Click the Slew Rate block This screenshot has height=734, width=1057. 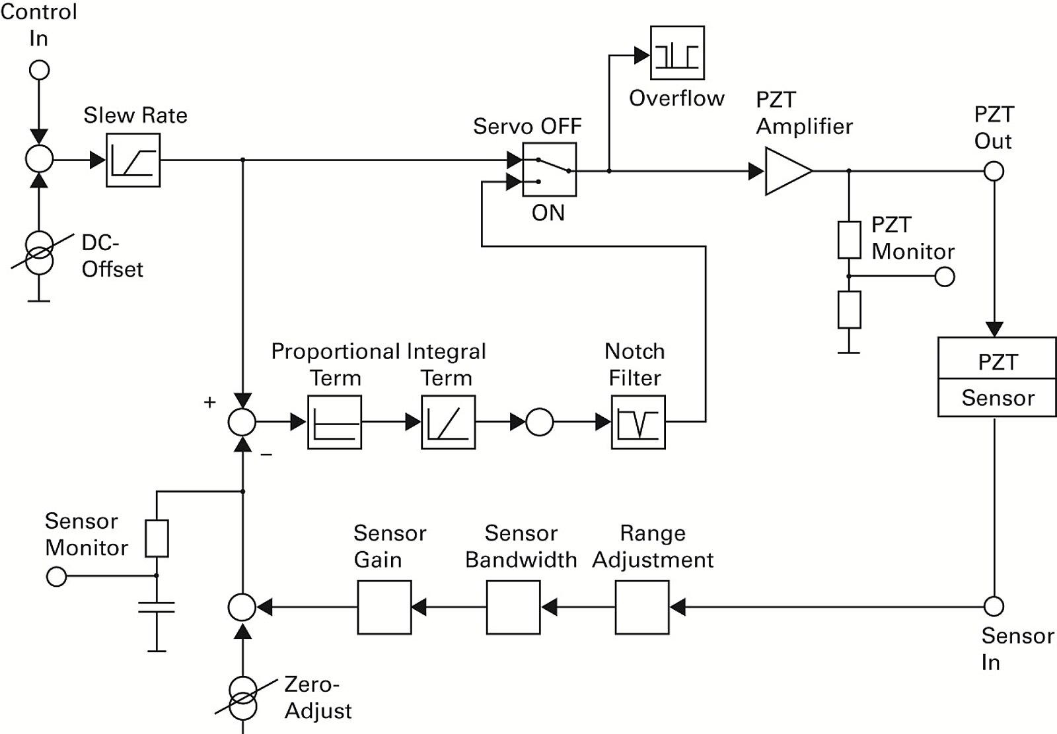[133, 160]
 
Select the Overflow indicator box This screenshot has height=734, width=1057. [677, 53]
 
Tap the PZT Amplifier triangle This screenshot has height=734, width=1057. [786, 172]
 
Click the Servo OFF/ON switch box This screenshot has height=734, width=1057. [549, 170]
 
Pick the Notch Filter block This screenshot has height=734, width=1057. [638, 422]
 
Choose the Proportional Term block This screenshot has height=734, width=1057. [334, 422]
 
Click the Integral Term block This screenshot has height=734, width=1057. [448, 422]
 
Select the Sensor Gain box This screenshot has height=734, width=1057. [384, 607]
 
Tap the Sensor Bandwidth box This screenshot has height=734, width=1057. [513, 607]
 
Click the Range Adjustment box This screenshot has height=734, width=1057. [642, 607]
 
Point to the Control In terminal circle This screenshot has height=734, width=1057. [40, 69]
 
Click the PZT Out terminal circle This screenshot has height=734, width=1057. [994, 172]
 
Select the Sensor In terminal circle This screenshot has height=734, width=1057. [994, 606]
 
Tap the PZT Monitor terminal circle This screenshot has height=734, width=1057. [945, 277]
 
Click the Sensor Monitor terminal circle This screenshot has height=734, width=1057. [57, 577]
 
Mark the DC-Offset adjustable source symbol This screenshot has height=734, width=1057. [40, 253]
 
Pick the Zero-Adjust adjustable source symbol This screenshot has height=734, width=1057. [243, 698]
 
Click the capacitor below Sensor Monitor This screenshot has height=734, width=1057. [157, 607]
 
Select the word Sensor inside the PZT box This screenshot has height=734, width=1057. [998, 398]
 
